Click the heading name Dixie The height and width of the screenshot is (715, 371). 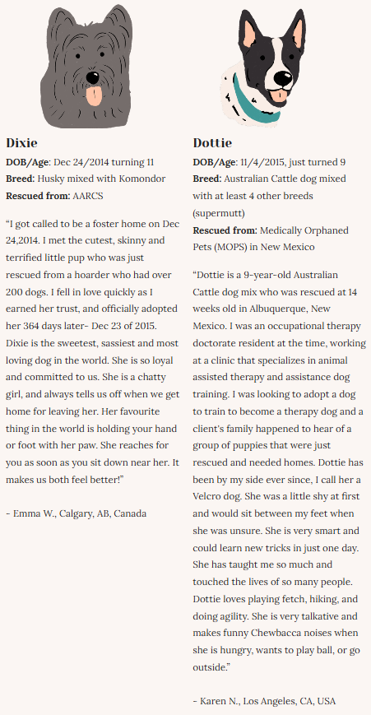[22, 142]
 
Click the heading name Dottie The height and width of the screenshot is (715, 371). [212, 142]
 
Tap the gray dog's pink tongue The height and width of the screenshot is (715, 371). [96, 97]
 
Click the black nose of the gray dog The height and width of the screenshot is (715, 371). [92, 73]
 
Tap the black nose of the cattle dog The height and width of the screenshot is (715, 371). [282, 79]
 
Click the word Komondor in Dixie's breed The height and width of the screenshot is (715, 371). [141, 179]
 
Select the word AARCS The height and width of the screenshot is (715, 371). [88, 196]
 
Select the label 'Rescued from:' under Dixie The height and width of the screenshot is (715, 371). [36, 196]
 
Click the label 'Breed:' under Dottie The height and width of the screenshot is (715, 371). [207, 179]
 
